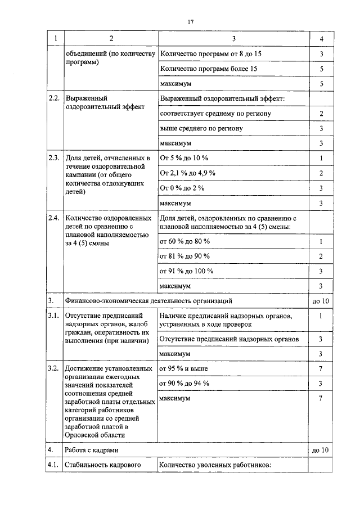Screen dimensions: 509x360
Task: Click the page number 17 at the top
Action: [190, 22]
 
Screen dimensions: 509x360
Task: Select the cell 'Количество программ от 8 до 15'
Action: [211, 54]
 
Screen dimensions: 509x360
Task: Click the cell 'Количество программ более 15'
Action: [209, 69]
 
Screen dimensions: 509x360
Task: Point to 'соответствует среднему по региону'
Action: [215, 114]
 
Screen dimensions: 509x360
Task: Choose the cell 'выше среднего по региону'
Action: [201, 128]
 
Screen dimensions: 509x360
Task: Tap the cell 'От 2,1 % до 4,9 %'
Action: [187, 173]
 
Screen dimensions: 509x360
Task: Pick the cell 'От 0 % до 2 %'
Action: [182, 187]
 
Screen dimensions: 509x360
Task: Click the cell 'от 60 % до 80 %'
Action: [184, 241]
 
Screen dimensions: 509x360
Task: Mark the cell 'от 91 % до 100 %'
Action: [186, 271]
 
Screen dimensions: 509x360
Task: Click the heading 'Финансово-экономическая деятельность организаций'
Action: [148, 301]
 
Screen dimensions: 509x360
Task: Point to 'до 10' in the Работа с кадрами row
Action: [321, 450]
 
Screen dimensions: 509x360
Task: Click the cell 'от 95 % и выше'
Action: [183, 368]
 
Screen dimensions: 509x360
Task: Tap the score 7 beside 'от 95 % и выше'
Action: [321, 368]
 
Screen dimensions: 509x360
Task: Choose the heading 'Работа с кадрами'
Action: [92, 450]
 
